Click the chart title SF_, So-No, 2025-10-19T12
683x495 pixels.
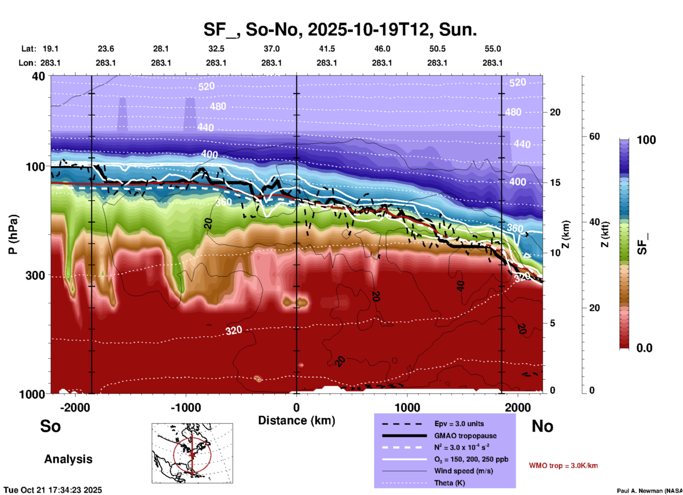point(340,29)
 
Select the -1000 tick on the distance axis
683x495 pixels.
point(185,407)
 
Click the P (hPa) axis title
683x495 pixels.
point(13,234)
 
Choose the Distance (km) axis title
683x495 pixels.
point(296,420)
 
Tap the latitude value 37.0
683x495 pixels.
point(271,49)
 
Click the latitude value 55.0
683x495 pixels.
point(492,49)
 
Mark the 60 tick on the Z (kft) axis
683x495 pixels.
point(594,136)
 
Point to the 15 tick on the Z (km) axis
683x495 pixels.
point(555,183)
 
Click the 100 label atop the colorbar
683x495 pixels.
point(646,140)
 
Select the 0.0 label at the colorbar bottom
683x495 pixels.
point(644,348)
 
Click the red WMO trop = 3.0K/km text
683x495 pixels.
point(563,466)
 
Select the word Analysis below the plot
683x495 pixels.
point(68,459)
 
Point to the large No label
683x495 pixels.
point(542,426)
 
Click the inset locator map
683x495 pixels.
point(192,453)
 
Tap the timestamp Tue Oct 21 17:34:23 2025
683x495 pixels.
point(53,490)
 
